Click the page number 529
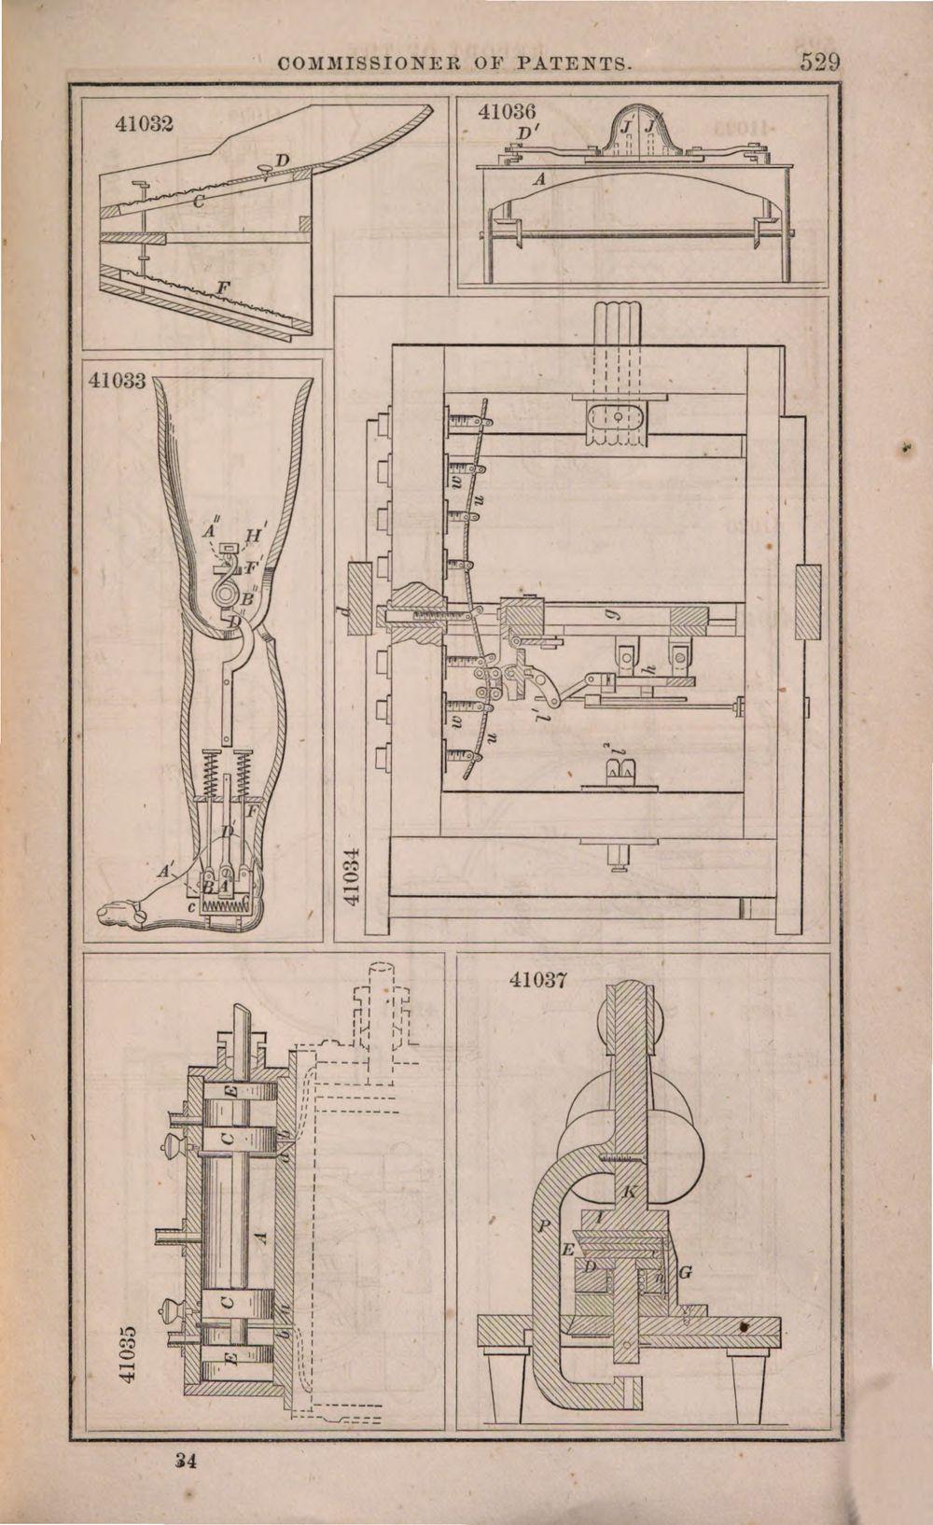coord(820,64)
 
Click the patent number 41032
coord(146,122)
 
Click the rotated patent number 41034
coord(351,877)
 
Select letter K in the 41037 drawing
coord(629,1192)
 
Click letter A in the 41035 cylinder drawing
coord(262,1238)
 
